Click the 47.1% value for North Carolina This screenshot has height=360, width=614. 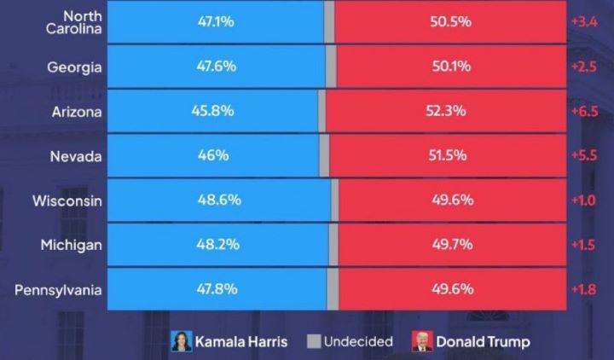[x=216, y=21]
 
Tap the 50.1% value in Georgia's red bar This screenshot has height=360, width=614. [x=451, y=67]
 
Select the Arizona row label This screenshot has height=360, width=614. [x=77, y=112]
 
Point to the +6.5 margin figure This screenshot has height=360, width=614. [x=585, y=112]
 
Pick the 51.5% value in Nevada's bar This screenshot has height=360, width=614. [x=451, y=156]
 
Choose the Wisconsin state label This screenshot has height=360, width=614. [x=67, y=200]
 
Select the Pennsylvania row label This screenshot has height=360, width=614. [x=59, y=290]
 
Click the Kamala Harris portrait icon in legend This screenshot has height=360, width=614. [x=181, y=341]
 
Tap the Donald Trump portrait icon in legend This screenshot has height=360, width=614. [x=421, y=341]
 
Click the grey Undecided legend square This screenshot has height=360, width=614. [x=313, y=341]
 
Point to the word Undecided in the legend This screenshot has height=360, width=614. [x=358, y=341]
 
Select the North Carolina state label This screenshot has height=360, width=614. [x=73, y=22]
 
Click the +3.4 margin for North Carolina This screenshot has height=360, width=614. [x=585, y=21]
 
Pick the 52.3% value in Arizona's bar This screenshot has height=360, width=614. [x=446, y=112]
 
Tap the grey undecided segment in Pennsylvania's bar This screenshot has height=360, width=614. [x=333, y=289]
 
